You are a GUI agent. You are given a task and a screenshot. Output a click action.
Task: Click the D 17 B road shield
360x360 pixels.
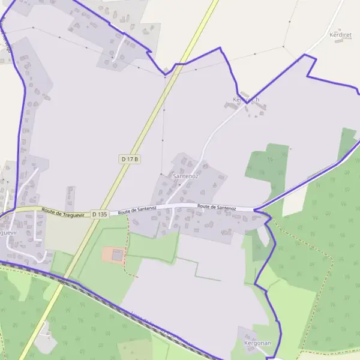[x=130, y=159]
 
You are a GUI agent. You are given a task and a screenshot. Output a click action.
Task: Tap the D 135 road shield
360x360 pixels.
[x=99, y=214]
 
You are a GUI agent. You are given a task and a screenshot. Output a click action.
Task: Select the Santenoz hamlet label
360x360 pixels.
[x=185, y=176]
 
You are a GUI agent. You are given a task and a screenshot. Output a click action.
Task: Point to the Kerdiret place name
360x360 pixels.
[x=340, y=35]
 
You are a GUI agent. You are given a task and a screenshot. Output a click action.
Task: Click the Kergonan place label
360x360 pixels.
[x=259, y=343]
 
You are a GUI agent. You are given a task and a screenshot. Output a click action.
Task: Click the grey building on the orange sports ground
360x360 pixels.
[x=117, y=255]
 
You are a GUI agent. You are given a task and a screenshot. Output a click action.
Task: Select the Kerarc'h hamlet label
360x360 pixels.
[x=246, y=99]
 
